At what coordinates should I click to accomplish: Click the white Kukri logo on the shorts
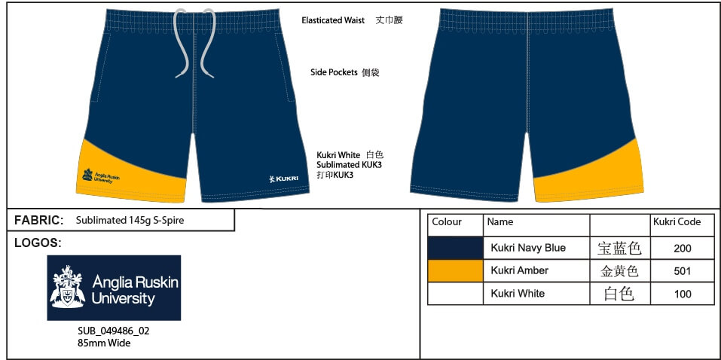(x=284, y=178)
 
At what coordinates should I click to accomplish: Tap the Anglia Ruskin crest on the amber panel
(x=87, y=174)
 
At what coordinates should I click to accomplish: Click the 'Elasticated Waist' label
(x=333, y=20)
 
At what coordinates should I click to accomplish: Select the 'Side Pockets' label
(x=334, y=72)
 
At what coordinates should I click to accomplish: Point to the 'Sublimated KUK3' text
(x=350, y=165)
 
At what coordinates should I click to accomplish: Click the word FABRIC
(x=38, y=220)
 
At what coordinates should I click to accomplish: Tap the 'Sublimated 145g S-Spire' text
(x=130, y=220)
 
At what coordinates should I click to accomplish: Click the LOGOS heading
(x=38, y=243)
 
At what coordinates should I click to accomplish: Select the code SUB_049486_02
(x=114, y=331)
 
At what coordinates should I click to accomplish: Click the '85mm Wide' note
(x=104, y=343)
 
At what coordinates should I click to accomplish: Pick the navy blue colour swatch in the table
(x=455, y=248)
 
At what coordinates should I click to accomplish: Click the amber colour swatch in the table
(x=455, y=271)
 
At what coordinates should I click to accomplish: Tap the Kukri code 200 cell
(x=682, y=249)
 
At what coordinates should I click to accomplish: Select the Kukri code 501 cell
(x=682, y=271)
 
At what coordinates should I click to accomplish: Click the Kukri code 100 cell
(x=682, y=294)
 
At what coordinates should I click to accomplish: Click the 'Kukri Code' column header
(x=677, y=222)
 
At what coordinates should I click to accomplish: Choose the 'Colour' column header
(x=447, y=222)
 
